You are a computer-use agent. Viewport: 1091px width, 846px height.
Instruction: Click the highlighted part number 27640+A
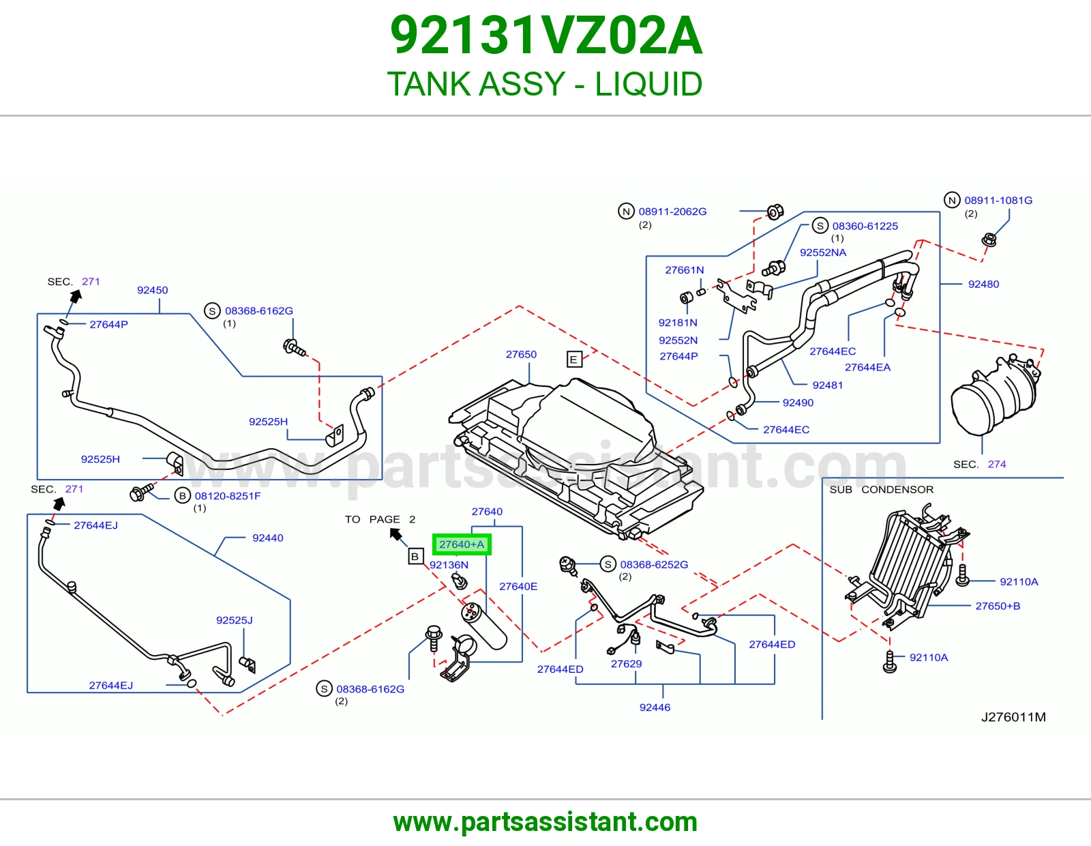tap(462, 544)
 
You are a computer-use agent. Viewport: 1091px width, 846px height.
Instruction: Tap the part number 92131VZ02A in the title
tap(545, 35)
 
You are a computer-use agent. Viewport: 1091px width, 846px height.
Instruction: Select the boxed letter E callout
tap(574, 359)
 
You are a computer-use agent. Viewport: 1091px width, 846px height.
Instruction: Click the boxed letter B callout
tap(415, 557)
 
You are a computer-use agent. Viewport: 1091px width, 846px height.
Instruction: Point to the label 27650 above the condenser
tap(521, 354)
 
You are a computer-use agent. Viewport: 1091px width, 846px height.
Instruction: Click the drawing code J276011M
tap(1013, 717)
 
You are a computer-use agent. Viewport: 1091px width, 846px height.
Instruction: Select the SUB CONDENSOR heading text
tap(881, 489)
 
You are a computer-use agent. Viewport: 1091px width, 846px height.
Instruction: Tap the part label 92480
tap(983, 284)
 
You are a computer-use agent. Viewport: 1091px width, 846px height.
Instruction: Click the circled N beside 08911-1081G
tap(952, 200)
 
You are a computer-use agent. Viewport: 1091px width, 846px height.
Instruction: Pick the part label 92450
tap(153, 290)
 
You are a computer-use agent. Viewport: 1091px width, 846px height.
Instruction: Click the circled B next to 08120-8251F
tap(182, 496)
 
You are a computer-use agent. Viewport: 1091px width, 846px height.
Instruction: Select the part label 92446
tap(655, 708)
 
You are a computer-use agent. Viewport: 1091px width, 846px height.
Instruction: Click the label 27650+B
tap(998, 606)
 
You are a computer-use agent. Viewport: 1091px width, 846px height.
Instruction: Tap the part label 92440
tap(267, 538)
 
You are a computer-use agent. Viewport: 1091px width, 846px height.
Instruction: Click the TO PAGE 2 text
tap(380, 519)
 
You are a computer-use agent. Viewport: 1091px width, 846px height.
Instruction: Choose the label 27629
tap(626, 664)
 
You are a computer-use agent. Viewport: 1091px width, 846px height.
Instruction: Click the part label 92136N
tap(449, 565)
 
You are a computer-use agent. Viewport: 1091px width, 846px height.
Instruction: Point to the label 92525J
tap(235, 620)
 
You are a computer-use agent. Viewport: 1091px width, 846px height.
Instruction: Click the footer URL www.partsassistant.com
tap(545, 822)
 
